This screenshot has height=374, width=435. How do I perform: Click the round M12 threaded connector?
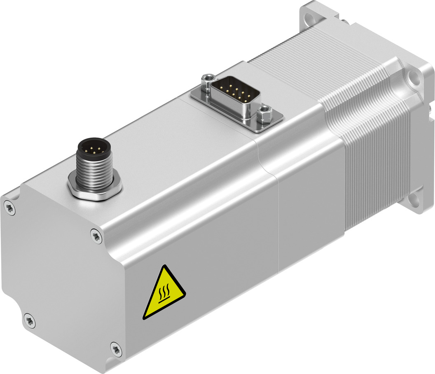94,165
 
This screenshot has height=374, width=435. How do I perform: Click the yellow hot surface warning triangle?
164,293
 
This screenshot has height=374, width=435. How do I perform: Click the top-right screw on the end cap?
96,236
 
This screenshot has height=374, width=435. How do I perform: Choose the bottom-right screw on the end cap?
116,349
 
